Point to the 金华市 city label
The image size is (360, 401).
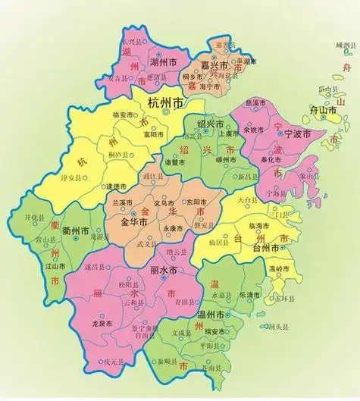[x=137, y=223]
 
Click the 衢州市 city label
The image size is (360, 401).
[x=76, y=230]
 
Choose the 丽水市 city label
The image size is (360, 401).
[x=161, y=271]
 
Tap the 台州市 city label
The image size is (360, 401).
[x=268, y=248]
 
